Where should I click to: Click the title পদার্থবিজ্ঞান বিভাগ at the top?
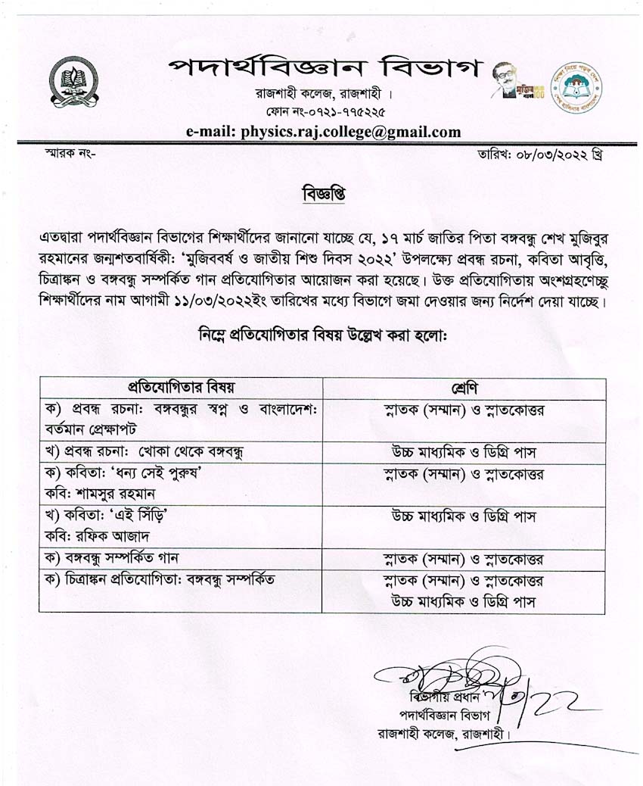tap(323, 68)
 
